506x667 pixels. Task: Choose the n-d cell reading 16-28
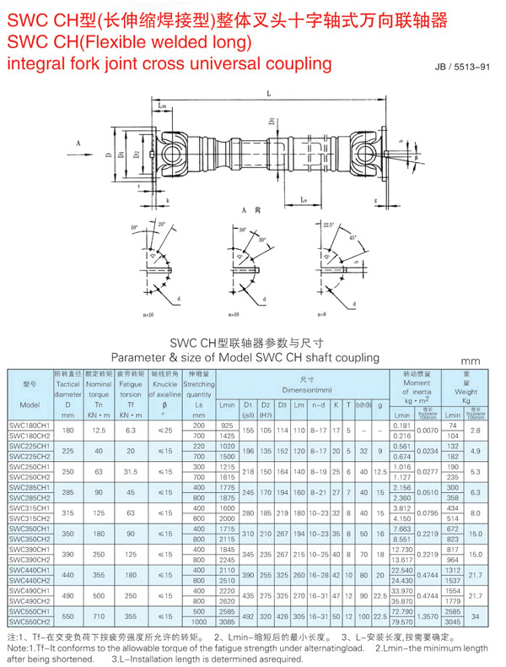[319, 576]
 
